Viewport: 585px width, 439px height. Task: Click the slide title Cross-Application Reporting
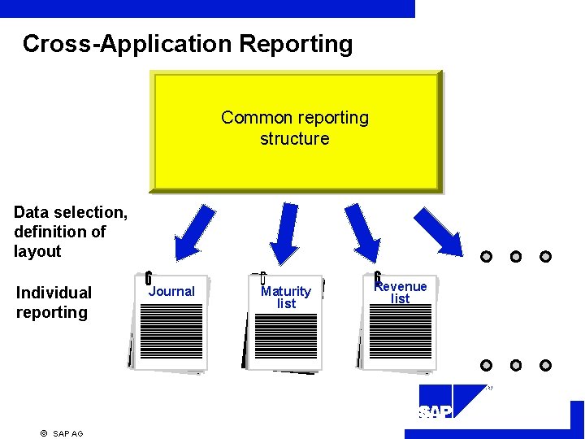coord(188,44)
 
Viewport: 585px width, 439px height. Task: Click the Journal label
coord(172,291)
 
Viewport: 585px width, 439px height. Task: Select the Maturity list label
coord(286,297)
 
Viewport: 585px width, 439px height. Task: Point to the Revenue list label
coord(401,292)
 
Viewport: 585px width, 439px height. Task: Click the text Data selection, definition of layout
coord(71,232)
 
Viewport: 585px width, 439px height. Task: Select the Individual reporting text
coord(54,302)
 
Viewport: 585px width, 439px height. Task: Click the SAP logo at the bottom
coord(435,412)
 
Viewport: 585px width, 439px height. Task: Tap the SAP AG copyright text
coord(63,433)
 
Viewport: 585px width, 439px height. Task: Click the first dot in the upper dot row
coord(486,257)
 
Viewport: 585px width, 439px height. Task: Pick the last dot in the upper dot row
coord(545,257)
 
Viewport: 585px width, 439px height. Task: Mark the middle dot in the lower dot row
coord(516,365)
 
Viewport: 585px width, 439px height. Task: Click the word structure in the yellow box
coord(295,139)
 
